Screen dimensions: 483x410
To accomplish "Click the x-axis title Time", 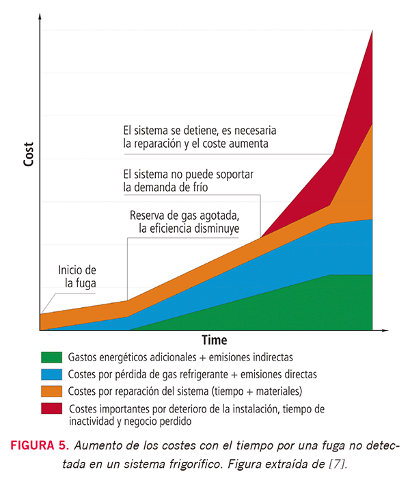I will (214, 340).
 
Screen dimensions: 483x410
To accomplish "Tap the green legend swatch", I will (52, 357).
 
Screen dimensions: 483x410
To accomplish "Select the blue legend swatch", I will (52, 374).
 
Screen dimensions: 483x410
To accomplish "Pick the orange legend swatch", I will (52, 391).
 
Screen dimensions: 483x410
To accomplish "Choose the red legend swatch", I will (52, 408).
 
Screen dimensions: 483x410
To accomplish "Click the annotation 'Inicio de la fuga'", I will (77, 276).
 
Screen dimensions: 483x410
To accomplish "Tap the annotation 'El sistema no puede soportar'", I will (188, 174).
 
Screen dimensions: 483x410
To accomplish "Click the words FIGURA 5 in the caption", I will (40, 446).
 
